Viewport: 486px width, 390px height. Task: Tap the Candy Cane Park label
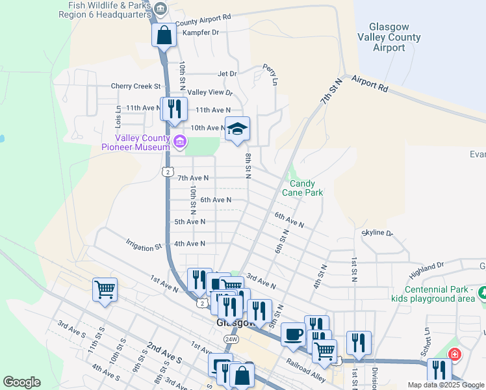[302, 188]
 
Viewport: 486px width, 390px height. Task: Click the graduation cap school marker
[237, 130]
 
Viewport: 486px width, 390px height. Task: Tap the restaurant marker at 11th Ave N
[173, 109]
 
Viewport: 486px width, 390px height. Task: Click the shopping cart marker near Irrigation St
[105, 289]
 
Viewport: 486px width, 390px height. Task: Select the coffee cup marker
[293, 333]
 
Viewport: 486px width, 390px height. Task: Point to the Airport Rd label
[370, 83]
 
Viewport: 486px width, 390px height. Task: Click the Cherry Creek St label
[135, 86]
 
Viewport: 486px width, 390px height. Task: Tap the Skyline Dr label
[377, 232]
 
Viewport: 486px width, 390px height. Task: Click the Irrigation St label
[144, 248]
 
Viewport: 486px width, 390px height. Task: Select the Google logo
[22, 382]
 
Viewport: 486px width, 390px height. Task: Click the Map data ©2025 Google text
[445, 385]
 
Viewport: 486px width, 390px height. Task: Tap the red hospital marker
[455, 355]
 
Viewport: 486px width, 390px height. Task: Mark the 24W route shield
[231, 339]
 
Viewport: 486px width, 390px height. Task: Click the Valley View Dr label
[210, 93]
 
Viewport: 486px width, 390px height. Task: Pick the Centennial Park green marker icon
[482, 293]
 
